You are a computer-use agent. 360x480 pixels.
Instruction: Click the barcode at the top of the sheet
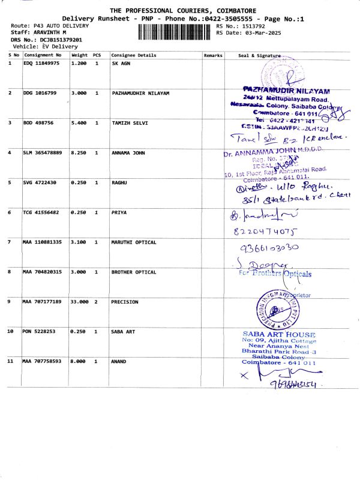pyautogui.click(x=175, y=32)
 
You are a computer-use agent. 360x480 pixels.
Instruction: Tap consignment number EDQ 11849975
pyautogui.click(x=41, y=63)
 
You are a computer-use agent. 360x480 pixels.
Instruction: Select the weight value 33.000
pyautogui.click(x=80, y=302)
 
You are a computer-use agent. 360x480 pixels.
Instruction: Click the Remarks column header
pyautogui.click(x=213, y=55)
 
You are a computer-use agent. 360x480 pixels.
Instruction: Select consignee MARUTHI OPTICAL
pyautogui.click(x=134, y=242)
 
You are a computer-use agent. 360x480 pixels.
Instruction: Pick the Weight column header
pyautogui.click(x=79, y=55)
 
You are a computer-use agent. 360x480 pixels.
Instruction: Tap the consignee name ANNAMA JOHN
pyautogui.click(x=130, y=153)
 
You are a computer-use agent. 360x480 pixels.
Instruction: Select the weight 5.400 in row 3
pyautogui.click(x=79, y=123)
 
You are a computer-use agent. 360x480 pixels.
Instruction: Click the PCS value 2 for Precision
pyautogui.click(x=97, y=302)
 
